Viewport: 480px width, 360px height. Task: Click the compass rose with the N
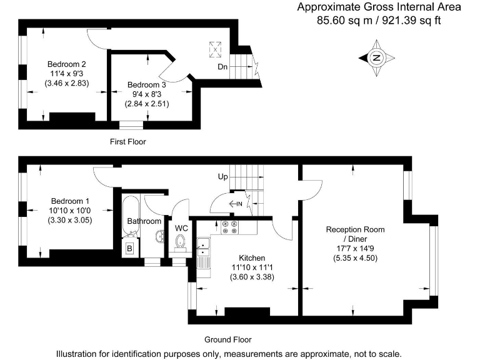(377, 58)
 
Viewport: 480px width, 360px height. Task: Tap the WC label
(181, 227)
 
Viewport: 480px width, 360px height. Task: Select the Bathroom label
(144, 221)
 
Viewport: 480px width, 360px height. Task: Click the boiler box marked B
(129, 248)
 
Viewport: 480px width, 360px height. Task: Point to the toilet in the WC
(181, 242)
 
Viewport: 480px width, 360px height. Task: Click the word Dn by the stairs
(222, 66)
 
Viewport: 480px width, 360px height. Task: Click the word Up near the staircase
(222, 177)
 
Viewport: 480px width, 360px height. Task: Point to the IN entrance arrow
(236, 203)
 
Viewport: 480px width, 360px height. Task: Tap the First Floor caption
(127, 142)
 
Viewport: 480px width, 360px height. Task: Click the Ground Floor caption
(228, 340)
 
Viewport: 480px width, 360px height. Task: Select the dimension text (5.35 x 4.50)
(355, 258)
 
